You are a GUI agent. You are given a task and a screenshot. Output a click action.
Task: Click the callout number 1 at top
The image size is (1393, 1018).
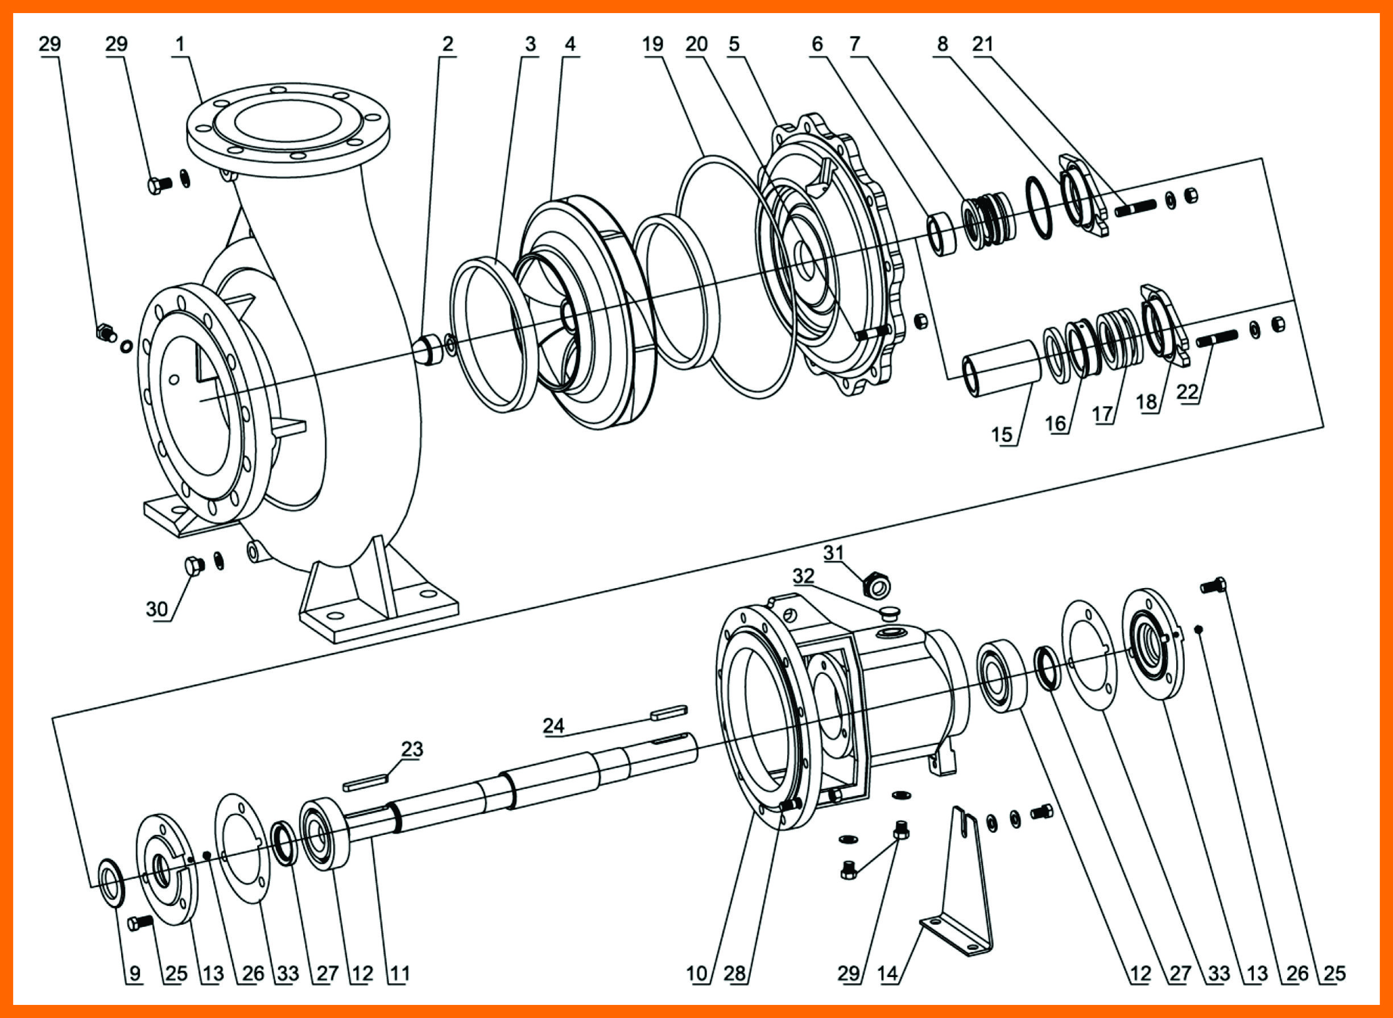(x=180, y=44)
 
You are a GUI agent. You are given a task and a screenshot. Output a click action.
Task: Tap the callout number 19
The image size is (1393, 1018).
(x=653, y=44)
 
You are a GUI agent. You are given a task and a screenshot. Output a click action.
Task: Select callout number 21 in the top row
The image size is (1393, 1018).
(x=983, y=44)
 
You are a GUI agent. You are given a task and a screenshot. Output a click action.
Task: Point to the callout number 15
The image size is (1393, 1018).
(x=1002, y=435)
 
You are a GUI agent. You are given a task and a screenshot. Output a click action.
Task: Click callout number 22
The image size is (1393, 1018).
(x=1187, y=392)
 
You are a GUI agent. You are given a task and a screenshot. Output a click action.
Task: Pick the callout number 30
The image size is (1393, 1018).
(x=156, y=610)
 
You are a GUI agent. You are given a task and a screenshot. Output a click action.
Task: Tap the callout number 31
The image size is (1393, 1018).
(x=833, y=553)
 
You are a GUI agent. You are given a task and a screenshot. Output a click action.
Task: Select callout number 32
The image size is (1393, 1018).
(x=803, y=576)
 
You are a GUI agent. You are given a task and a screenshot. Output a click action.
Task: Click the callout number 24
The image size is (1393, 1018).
(x=553, y=725)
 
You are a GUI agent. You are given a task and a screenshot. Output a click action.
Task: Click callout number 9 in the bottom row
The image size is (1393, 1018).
(x=135, y=974)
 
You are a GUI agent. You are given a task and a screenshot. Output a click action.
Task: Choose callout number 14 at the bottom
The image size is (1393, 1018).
(x=887, y=974)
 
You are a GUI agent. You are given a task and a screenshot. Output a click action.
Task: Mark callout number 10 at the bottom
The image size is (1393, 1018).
(x=696, y=974)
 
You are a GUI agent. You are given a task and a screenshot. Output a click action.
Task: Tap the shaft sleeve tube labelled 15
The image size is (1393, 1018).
(x=1001, y=369)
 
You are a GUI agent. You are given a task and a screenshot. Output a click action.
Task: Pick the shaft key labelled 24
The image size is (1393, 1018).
(x=668, y=713)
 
